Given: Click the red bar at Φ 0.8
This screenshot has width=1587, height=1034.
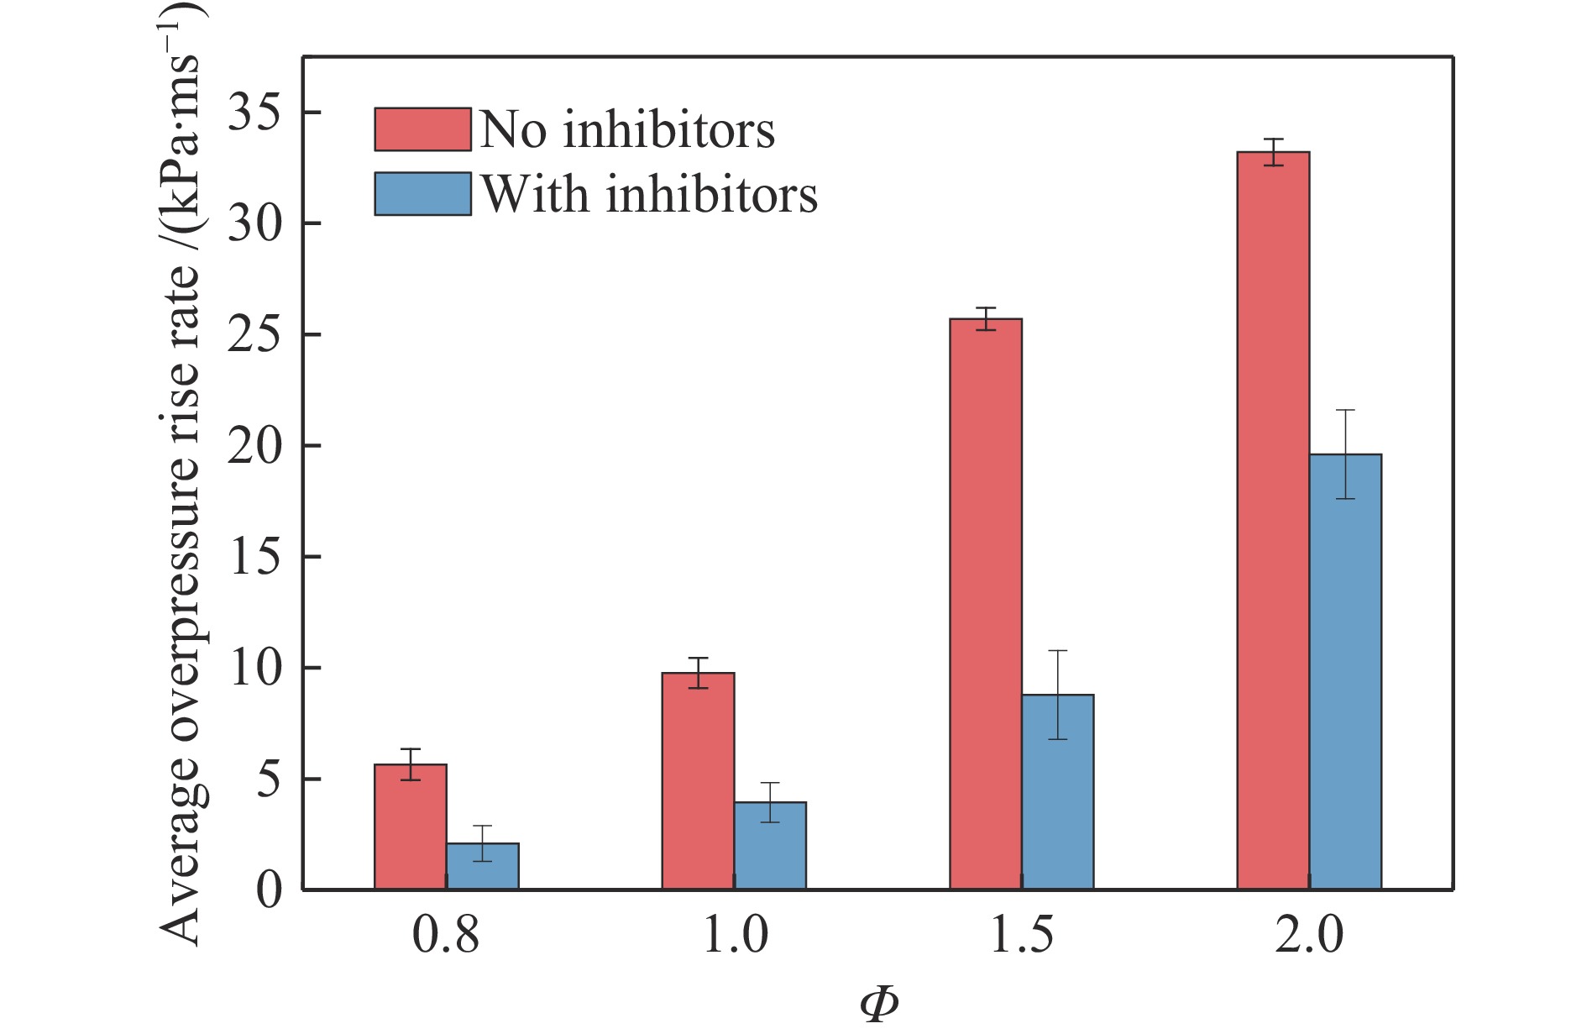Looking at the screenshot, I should pyautogui.click(x=411, y=827).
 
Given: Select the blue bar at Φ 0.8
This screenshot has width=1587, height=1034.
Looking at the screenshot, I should pyautogui.click(x=483, y=866).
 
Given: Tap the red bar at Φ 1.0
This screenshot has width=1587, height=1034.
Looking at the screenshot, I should pyautogui.click(x=698, y=780).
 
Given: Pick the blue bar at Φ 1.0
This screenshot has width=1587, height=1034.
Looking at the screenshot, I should pyautogui.click(x=770, y=845).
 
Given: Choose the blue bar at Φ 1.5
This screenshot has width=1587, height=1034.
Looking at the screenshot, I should pyautogui.click(x=1058, y=791).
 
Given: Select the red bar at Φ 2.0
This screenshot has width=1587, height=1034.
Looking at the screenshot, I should pyautogui.click(x=1273, y=520).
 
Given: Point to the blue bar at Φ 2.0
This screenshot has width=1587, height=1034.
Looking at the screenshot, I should pyautogui.click(x=1345, y=671).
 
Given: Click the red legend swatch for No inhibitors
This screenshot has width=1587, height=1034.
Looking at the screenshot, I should pyautogui.click(x=422, y=129).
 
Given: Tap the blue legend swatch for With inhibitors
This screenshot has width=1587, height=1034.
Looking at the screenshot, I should pyautogui.click(x=422, y=194).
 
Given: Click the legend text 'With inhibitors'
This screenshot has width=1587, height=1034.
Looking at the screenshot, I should pyautogui.click(x=649, y=195).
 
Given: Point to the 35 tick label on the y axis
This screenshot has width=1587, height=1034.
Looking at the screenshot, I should pyautogui.click(x=255, y=113).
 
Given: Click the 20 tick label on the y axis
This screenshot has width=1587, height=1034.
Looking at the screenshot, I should pyautogui.click(x=255, y=446).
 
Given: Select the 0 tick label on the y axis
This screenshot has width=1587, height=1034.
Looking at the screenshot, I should pyautogui.click(x=269, y=890).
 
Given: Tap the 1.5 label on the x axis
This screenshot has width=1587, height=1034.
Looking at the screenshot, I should pyautogui.click(x=1022, y=935).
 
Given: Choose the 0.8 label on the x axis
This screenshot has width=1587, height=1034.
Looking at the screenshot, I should pyautogui.click(x=446, y=935).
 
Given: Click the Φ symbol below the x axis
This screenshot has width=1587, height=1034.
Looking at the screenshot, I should pyautogui.click(x=878, y=1005).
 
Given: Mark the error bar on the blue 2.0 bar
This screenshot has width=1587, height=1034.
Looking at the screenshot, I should pyautogui.click(x=1345, y=454).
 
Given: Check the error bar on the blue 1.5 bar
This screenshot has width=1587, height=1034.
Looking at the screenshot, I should pyautogui.click(x=1058, y=695).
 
